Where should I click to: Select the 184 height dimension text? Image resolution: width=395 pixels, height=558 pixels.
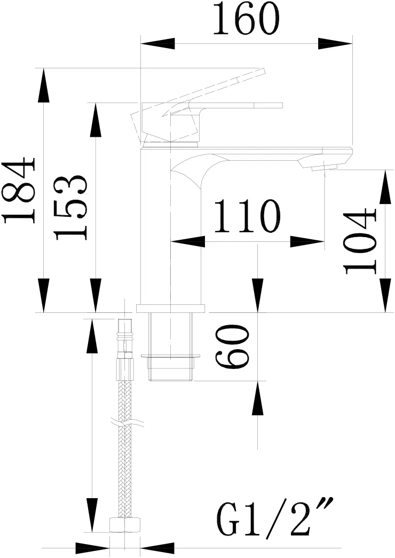20,191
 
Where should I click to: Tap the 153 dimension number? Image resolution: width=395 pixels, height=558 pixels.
70,207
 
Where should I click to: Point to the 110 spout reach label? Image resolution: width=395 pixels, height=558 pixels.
248,216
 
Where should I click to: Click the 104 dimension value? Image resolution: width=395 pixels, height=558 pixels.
360,242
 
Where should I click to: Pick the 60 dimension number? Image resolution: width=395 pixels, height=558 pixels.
232,346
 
